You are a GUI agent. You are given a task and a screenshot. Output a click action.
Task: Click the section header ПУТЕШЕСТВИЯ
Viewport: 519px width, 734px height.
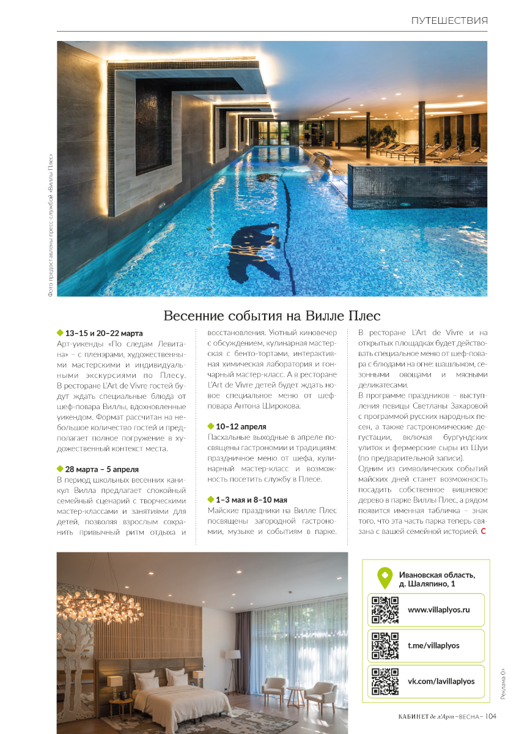tap(449, 21)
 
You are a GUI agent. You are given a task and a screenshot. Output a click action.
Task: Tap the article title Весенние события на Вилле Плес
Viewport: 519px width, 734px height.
tap(272, 316)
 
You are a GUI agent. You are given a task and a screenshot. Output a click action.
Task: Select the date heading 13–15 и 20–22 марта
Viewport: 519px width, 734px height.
tap(104, 333)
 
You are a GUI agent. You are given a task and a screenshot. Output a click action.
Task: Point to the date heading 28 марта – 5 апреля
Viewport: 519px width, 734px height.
tap(102, 469)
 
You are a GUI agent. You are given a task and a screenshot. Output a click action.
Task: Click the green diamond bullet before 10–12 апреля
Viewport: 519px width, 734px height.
tap(211, 426)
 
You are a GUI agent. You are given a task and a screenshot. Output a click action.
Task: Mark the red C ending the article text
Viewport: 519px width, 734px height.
tap(484, 532)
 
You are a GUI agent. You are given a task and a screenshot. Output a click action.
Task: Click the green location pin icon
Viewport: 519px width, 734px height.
tap(384, 577)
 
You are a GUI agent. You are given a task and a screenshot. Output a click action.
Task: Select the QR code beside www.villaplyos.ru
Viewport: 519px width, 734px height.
tap(385, 609)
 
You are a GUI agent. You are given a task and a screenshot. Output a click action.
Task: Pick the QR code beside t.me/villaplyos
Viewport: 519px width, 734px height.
tap(385, 645)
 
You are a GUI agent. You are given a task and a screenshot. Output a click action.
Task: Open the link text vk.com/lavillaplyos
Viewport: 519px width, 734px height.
tap(441, 681)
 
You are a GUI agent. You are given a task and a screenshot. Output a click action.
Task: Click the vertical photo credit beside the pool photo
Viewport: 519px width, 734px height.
tap(50, 225)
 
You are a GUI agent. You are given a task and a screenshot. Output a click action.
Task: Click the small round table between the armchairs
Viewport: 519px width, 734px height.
tap(295, 694)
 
